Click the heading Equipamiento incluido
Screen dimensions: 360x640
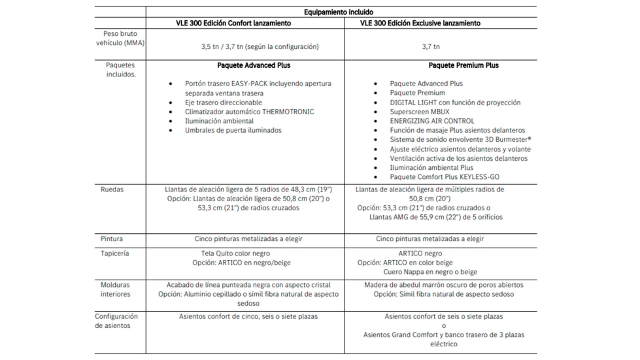(339, 12)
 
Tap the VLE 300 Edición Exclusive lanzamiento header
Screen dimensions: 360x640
(420, 24)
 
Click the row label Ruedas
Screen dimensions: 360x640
(112, 190)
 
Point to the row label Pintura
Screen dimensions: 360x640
(112, 239)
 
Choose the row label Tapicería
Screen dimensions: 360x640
(115, 254)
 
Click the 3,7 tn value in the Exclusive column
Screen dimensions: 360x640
(431, 47)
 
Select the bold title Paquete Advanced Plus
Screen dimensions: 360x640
(254, 65)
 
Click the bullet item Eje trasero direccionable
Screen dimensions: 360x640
(223, 103)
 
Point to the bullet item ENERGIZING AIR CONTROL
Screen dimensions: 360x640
(433, 121)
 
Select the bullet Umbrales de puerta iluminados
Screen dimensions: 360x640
(233, 131)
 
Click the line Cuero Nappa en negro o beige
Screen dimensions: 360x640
(430, 272)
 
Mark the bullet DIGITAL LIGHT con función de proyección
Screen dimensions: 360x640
(455, 103)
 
